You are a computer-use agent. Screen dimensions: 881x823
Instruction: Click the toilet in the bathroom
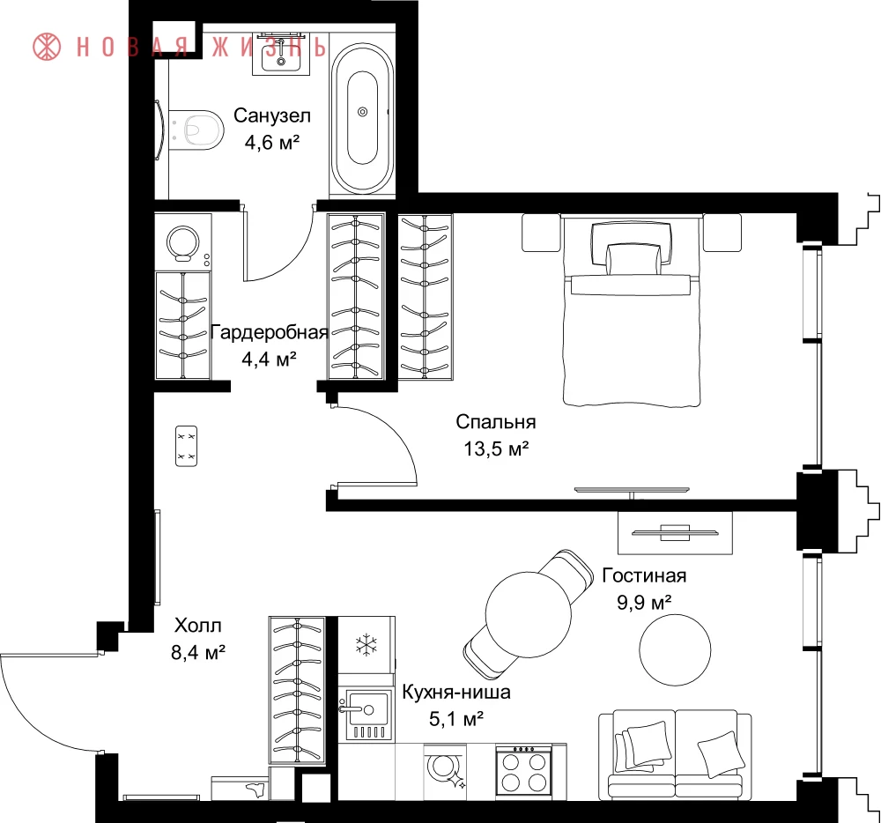(196, 130)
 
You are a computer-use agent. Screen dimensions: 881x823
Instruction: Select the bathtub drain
(362, 112)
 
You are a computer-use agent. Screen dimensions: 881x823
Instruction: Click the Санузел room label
(272, 115)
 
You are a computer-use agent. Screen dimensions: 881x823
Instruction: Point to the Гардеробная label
(269, 332)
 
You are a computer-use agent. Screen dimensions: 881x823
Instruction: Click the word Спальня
(495, 421)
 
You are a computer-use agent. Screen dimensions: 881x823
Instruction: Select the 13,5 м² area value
(496, 449)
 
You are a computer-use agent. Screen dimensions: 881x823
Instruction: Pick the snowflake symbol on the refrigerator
(366, 645)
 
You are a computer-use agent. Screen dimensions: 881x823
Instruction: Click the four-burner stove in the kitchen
(524, 771)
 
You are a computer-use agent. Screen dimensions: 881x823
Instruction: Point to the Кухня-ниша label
(456, 692)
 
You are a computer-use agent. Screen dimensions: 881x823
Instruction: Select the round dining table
(528, 614)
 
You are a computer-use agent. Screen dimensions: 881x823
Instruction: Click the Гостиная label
(644, 575)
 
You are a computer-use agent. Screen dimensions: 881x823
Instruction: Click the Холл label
(197, 626)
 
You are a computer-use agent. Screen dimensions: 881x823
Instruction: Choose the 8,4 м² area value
(197, 653)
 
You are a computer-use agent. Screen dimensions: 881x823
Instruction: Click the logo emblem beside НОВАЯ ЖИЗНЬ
(47, 46)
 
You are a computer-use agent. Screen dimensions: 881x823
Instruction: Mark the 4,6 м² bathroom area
(272, 143)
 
